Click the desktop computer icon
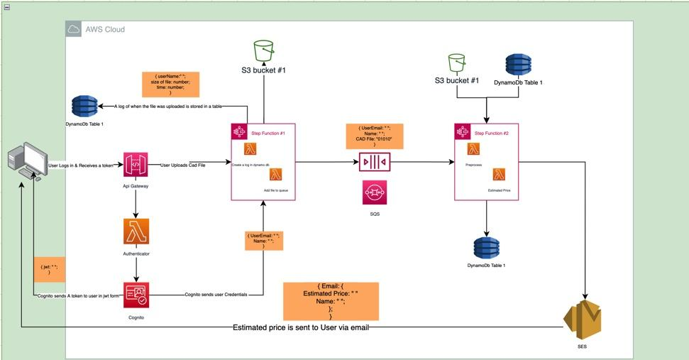tap(26, 160)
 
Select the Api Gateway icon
tap(136, 165)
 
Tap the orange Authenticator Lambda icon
tap(136, 231)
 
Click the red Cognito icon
tap(136, 294)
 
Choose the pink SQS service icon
tap(374, 192)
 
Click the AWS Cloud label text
tap(105, 30)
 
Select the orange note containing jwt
tap(49, 271)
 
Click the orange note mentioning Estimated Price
tap(331, 302)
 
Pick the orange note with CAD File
tap(374, 136)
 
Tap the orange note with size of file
tap(170, 84)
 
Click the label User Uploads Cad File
tap(182, 165)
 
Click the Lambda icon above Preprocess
tap(473, 149)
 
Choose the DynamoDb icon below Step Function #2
tap(486, 247)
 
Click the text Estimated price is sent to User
tap(301, 327)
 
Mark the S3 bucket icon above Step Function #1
tap(264, 51)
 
